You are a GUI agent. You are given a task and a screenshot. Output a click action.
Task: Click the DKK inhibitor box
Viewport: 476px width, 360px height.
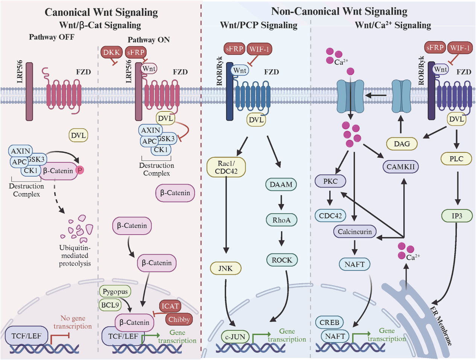111,52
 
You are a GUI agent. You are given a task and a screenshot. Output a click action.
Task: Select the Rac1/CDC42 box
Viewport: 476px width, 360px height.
226,167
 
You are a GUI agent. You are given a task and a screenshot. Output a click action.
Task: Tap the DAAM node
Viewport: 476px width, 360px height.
281,185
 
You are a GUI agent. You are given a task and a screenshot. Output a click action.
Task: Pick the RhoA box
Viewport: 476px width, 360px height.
281,220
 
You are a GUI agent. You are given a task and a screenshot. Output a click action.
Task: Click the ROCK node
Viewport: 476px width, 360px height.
282,260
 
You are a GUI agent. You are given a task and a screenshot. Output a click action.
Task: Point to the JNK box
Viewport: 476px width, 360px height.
225,268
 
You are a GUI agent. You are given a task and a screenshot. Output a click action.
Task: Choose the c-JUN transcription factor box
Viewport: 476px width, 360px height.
235,337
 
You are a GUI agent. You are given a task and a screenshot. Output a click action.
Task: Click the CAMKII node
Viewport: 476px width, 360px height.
400,166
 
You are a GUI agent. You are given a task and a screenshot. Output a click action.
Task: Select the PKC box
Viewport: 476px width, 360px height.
330,181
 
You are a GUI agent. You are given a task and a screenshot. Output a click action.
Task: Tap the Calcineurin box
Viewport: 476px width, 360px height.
354,232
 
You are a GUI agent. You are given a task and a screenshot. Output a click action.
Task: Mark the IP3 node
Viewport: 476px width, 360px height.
456,216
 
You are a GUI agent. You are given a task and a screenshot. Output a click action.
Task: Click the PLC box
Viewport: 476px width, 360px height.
456,159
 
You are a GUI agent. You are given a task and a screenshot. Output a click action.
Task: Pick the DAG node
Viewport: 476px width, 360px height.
401,143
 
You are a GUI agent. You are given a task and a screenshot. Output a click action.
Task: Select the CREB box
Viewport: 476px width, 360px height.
329,322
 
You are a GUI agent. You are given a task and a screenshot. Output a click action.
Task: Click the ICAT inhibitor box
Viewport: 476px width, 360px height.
170,306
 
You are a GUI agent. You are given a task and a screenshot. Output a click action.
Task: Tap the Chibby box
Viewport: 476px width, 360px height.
179,319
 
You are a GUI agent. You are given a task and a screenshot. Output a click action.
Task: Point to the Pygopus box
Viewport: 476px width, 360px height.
115,291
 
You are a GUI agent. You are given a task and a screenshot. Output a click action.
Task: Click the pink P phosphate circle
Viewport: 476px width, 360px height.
80,170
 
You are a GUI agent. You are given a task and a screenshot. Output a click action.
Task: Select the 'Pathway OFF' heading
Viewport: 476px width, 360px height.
52,37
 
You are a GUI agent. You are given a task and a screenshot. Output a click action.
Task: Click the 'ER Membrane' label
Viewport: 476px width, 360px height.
441,326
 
